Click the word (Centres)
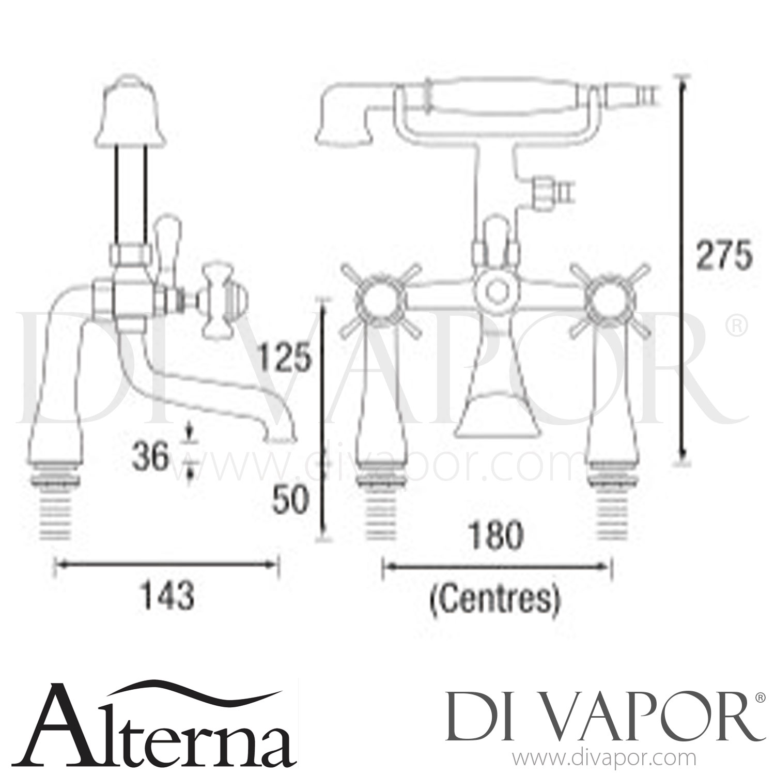[x=495, y=600]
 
